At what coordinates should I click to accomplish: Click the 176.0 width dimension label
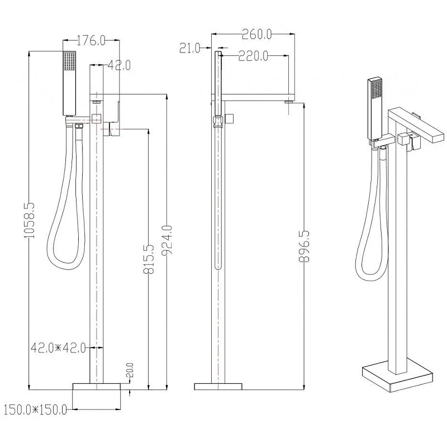(91, 40)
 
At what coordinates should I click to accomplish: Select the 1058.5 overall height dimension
(30, 220)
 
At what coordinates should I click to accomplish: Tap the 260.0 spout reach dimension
(256, 35)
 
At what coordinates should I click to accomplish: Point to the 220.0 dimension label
(253, 56)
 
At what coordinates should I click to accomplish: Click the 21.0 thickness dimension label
(190, 48)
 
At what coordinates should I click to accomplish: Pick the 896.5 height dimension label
(304, 246)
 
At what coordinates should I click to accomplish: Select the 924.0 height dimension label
(167, 241)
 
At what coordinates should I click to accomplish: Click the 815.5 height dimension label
(149, 259)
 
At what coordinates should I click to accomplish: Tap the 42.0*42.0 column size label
(58, 348)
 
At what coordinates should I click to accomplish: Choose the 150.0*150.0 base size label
(35, 410)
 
